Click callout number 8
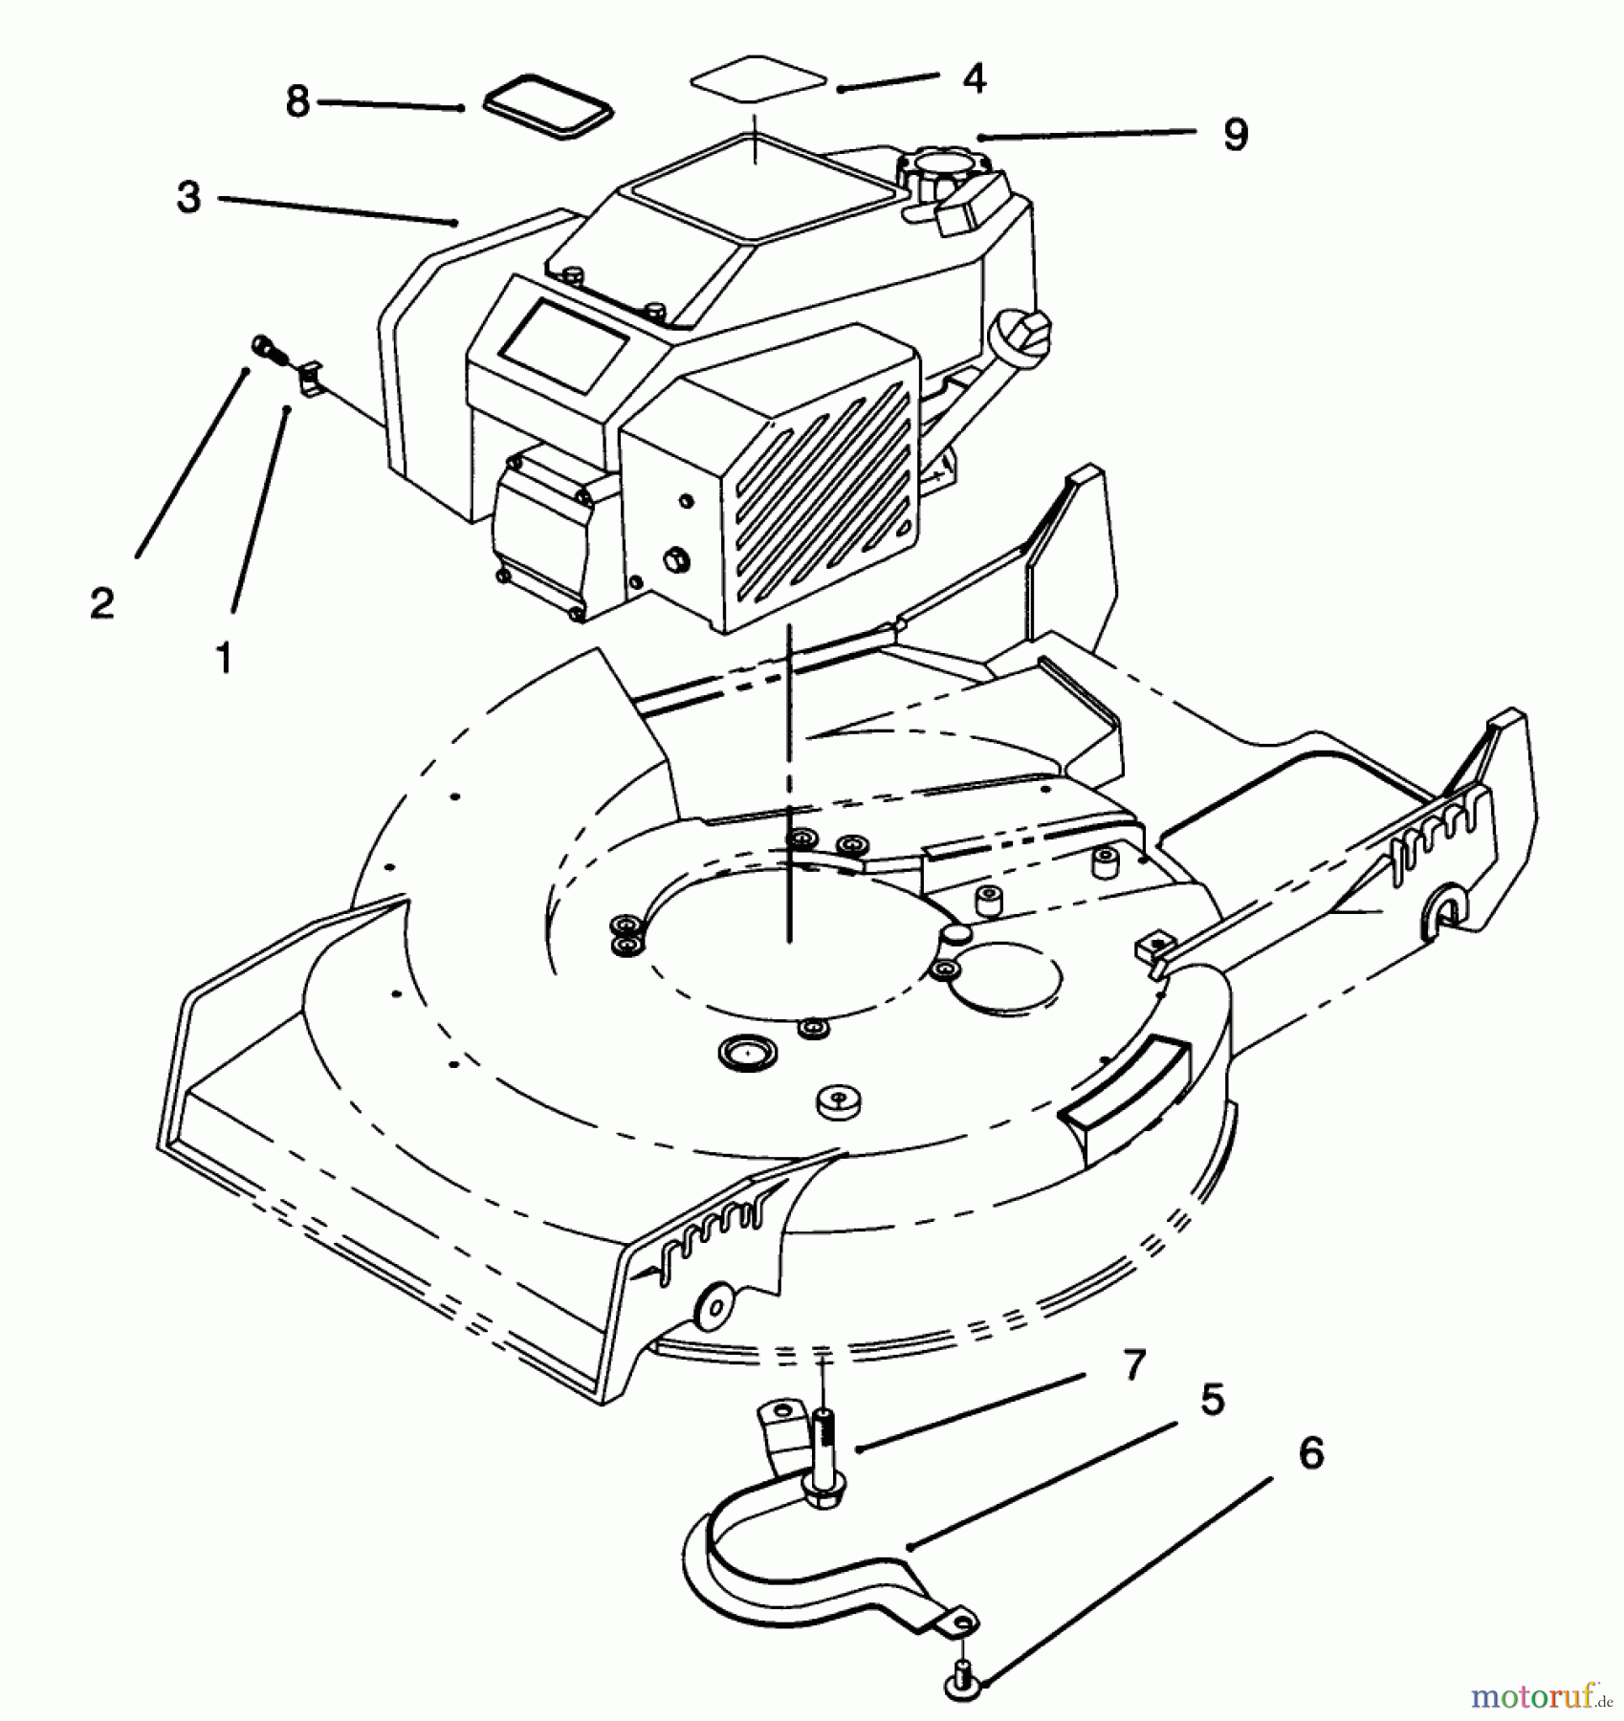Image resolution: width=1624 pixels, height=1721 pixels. (297, 101)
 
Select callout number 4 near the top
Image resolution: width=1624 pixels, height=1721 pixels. (974, 78)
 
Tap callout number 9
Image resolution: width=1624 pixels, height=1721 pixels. (1235, 135)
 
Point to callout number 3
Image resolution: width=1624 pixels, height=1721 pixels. (189, 197)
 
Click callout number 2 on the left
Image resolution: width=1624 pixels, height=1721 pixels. (102, 602)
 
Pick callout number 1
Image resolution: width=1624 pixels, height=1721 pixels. (224, 657)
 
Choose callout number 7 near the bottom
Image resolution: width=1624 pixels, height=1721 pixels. (1133, 1365)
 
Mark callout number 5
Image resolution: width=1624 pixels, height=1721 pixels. (1212, 1401)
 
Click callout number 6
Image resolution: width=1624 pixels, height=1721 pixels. (1311, 1453)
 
